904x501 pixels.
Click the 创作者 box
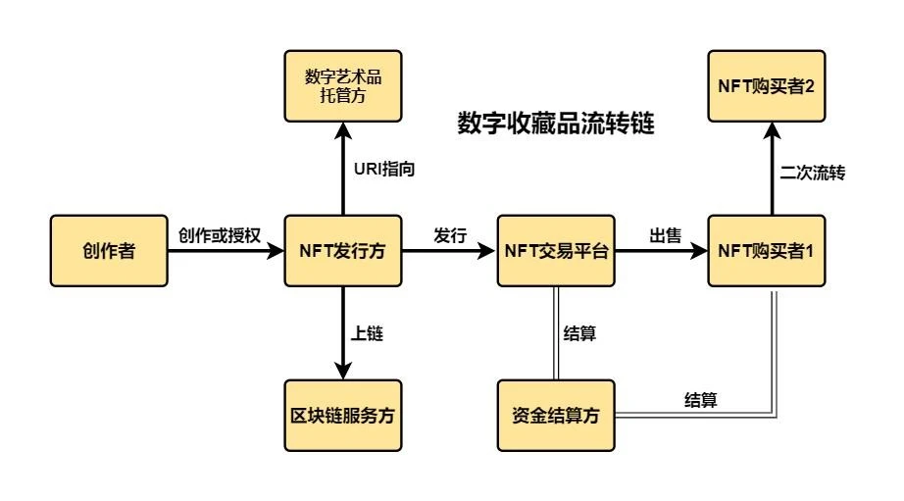[x=108, y=251]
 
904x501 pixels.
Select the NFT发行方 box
[x=343, y=251]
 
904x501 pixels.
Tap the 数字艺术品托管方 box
[x=343, y=86]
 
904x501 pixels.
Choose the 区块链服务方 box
[x=343, y=415]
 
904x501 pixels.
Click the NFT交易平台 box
[x=557, y=251]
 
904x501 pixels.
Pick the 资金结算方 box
[x=557, y=415]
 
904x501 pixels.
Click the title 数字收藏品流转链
[x=555, y=125]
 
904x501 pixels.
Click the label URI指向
[x=384, y=170]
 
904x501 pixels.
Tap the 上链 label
[x=367, y=333]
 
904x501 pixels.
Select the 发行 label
[x=450, y=235]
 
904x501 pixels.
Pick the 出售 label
[x=664, y=235]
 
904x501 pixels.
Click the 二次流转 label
[x=813, y=173]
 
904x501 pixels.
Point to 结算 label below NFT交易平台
[x=580, y=333]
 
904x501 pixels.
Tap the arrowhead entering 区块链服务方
[x=343, y=372]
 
